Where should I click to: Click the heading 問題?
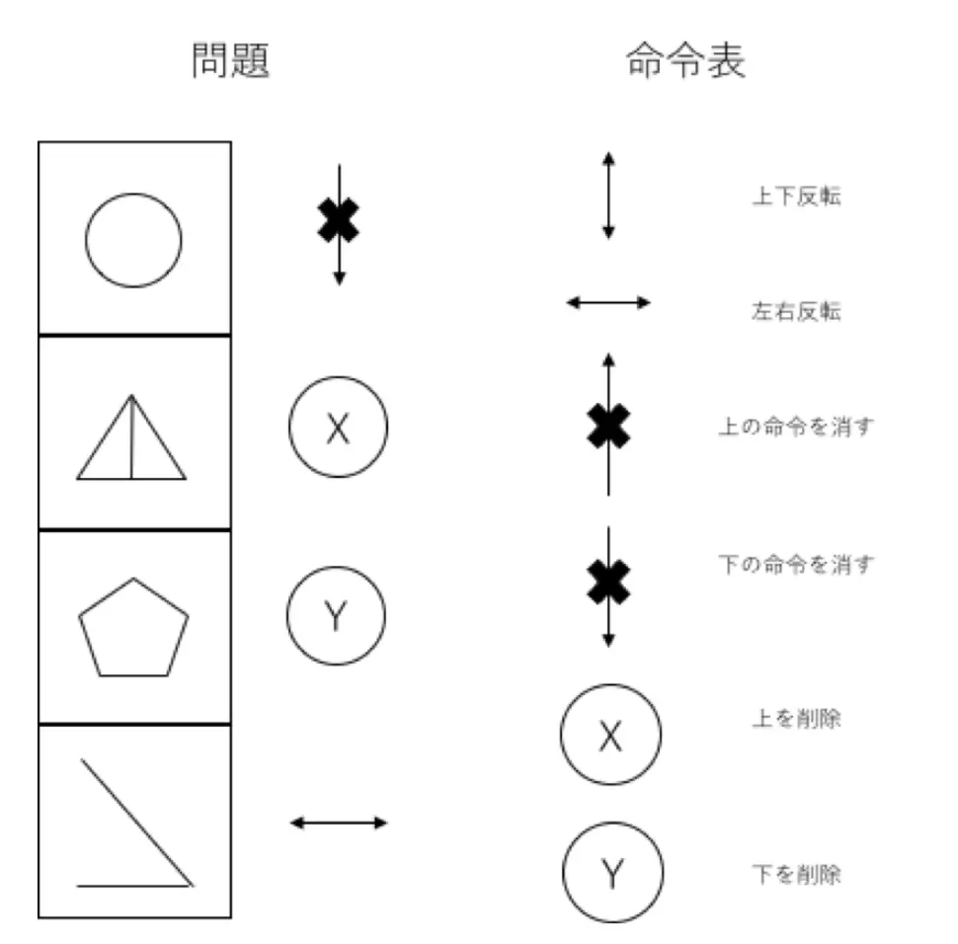tap(230, 61)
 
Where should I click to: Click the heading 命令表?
tap(685, 61)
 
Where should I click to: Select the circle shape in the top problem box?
tap(133, 240)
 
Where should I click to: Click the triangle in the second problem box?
tap(131, 440)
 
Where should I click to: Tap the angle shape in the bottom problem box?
tap(134, 826)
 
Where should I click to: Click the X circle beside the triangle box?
tap(338, 429)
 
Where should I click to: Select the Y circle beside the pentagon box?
tap(336, 616)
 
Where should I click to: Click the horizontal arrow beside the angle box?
tap(339, 822)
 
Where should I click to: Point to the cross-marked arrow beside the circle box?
tap(339, 221)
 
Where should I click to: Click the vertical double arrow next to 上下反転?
tap(608, 196)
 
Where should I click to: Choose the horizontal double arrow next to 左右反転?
tap(608, 302)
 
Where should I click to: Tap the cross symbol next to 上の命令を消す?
tap(608, 428)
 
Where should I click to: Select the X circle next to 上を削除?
tap(610, 735)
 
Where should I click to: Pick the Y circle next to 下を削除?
tap(612, 872)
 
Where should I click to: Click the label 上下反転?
tap(796, 197)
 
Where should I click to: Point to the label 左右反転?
tap(796, 312)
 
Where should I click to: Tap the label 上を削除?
tap(796, 719)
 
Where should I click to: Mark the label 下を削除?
tap(796, 874)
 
